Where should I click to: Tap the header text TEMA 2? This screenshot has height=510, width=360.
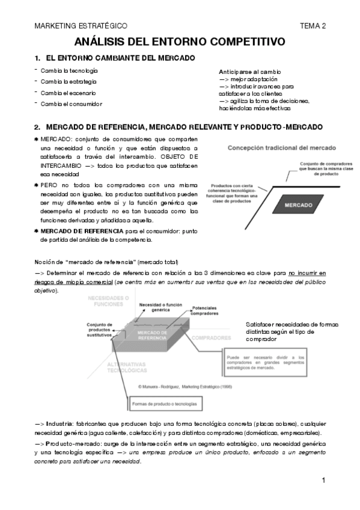point(313,26)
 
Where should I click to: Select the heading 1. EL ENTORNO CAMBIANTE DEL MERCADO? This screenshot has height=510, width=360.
point(115,58)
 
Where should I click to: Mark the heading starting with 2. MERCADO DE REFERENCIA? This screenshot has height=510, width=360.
point(178,127)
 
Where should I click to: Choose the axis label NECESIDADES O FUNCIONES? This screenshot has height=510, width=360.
point(108,300)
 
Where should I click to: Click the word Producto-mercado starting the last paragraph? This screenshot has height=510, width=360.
point(67,443)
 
